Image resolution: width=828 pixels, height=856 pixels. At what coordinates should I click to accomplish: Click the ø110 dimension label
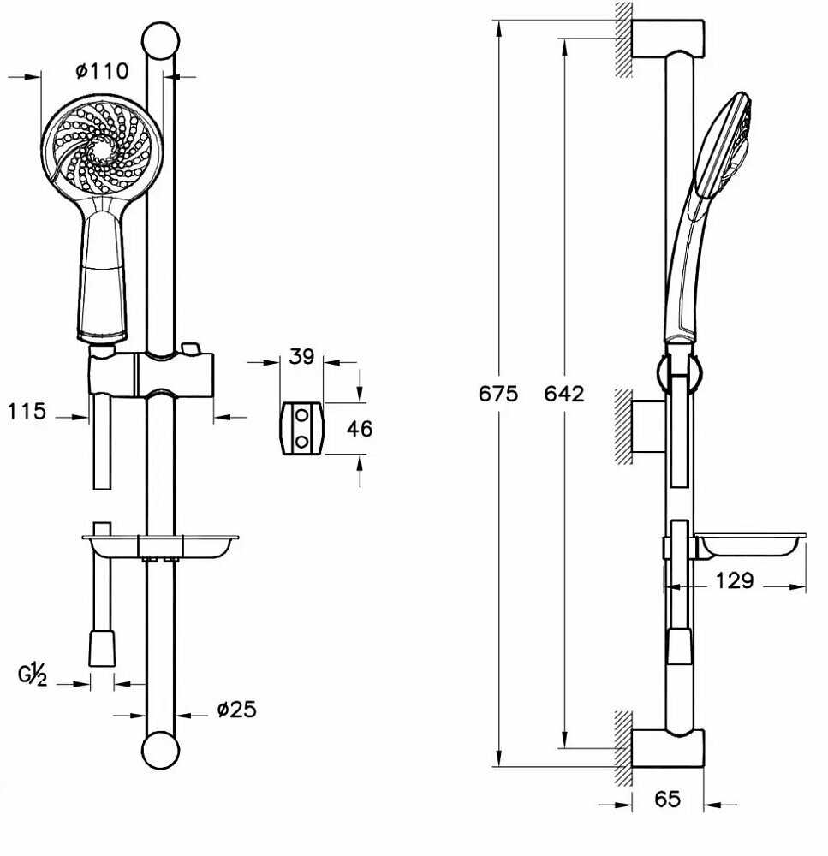pyautogui.click(x=102, y=70)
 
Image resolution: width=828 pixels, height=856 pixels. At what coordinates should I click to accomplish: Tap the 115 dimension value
pyautogui.click(x=27, y=411)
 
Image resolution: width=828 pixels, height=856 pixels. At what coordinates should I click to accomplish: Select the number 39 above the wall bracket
pyautogui.click(x=301, y=356)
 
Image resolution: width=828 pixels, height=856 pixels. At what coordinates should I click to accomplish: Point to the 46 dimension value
pyautogui.click(x=360, y=429)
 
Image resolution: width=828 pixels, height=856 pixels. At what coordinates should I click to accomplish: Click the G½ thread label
pyautogui.click(x=33, y=675)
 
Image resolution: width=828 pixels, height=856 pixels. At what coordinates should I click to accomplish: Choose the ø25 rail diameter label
pyautogui.click(x=236, y=709)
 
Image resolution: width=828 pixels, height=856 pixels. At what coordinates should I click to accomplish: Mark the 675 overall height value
pyautogui.click(x=498, y=394)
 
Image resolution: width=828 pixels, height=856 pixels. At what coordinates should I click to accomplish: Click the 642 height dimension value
pyautogui.click(x=564, y=394)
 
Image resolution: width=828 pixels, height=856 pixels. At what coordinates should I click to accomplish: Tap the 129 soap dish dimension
pyautogui.click(x=735, y=580)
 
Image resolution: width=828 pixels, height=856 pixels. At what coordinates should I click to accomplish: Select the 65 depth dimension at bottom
pyautogui.click(x=667, y=800)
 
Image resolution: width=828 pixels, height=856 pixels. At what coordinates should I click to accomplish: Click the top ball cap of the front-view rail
pyautogui.click(x=161, y=40)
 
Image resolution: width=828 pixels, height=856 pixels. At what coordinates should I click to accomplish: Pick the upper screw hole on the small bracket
pyautogui.click(x=301, y=415)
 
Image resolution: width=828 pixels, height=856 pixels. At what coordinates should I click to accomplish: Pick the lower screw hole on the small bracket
pyautogui.click(x=301, y=441)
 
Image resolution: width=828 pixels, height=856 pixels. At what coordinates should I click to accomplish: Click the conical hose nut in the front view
pyautogui.click(x=102, y=648)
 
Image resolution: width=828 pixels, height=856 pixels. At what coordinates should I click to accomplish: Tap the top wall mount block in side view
pyautogui.click(x=668, y=39)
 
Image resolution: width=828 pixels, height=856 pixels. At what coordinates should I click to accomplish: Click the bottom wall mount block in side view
pyautogui.click(x=668, y=748)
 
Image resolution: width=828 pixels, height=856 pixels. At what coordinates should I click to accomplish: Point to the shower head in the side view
pyautogui.click(x=708, y=218)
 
